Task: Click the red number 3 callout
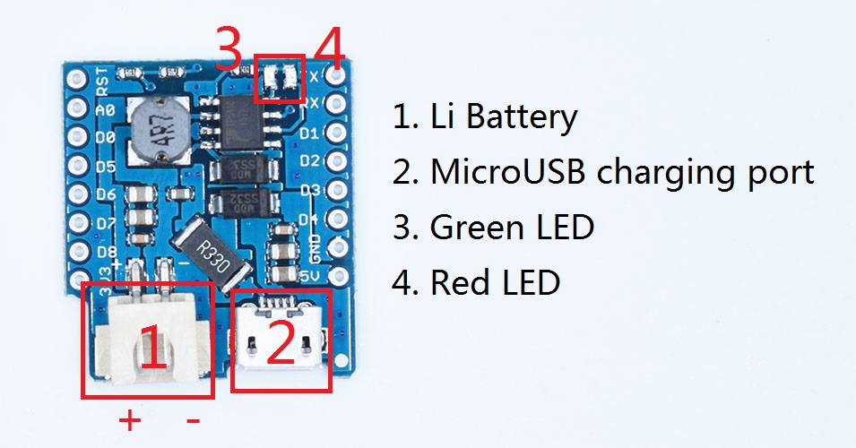229,49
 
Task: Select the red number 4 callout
329,49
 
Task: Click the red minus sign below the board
192,418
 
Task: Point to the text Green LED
512,228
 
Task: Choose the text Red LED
495,282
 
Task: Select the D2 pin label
309,162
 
